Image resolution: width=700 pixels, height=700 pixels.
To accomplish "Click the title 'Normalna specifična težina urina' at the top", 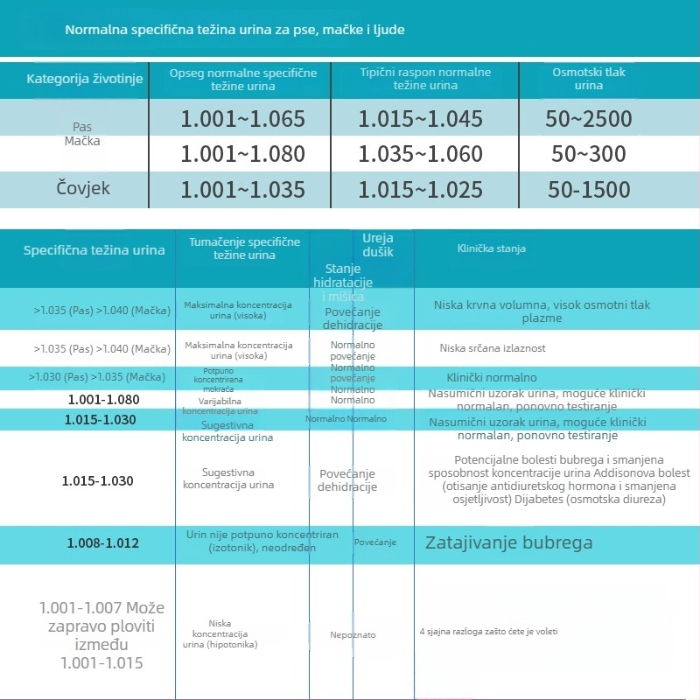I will point(234,30).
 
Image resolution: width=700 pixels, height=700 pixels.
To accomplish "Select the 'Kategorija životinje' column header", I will point(73,79).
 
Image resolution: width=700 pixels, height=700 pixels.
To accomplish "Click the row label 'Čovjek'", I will point(83,188).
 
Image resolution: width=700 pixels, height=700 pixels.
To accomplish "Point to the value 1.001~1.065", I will point(242,119).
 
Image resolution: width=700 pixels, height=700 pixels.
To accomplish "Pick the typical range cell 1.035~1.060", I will point(420,154).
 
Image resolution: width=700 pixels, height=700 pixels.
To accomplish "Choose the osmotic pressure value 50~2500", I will point(588,119).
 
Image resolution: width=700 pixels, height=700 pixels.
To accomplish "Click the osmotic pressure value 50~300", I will point(588,154).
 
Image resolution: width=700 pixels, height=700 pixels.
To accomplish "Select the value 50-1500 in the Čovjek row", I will point(588,189).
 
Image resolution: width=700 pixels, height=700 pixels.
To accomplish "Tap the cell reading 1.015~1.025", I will point(420,189).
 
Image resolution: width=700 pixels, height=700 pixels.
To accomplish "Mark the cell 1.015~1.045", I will point(420,119).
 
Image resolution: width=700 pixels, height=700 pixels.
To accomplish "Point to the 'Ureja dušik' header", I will point(378,244).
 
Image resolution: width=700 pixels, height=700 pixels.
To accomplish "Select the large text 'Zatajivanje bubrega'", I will point(508,542).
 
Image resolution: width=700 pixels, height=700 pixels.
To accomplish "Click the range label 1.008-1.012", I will point(103,543).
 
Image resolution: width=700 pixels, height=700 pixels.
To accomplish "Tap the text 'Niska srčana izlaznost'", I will point(493,348).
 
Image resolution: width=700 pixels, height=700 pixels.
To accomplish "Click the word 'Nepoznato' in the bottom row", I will point(353,634).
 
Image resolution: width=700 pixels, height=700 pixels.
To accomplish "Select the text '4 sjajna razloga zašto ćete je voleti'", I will point(488,631).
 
